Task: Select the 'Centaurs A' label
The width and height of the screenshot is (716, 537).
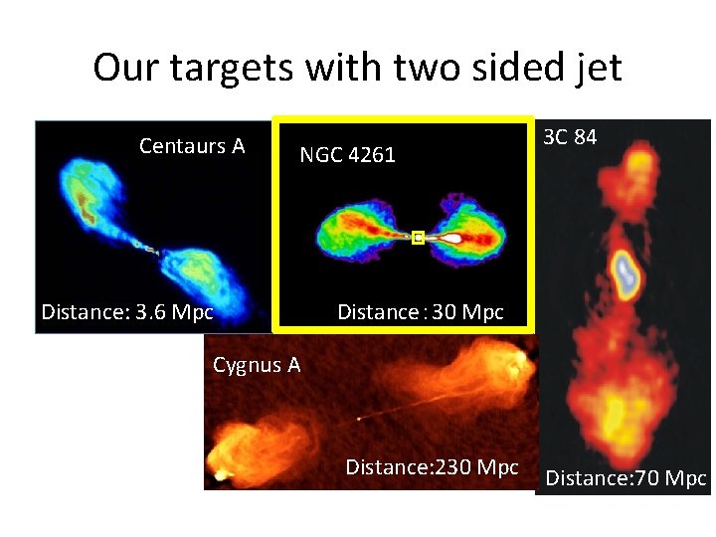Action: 192,146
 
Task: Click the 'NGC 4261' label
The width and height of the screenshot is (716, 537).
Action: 348,154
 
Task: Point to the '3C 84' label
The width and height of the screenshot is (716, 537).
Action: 570,137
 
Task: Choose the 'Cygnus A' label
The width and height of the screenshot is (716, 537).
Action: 257,365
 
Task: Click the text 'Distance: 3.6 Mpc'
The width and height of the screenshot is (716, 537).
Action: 127,312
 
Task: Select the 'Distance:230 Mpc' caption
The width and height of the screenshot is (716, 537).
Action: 432,466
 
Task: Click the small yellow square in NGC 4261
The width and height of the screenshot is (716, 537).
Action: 419,238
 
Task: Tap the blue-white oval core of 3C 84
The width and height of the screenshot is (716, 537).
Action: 625,272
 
